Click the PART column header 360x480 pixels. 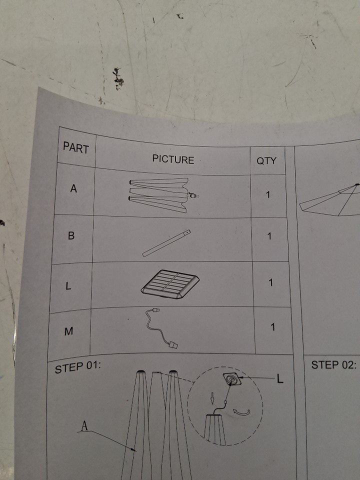[76, 148]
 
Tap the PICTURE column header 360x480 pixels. [173, 159]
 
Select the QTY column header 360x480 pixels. [266, 160]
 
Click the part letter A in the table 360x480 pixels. [73, 188]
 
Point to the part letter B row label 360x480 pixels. [71, 235]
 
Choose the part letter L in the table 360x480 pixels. [68, 285]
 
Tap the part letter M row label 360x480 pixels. [69, 331]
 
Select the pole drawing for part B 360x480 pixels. [166, 243]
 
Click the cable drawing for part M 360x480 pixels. [161, 328]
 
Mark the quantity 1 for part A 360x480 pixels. [268, 194]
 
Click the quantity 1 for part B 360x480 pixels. [269, 236]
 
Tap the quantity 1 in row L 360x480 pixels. [270, 282]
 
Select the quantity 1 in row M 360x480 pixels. [272, 327]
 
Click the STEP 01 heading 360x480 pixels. [78, 367]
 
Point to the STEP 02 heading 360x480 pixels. [334, 365]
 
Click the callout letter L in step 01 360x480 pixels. [280, 379]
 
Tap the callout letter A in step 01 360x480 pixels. [84, 426]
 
